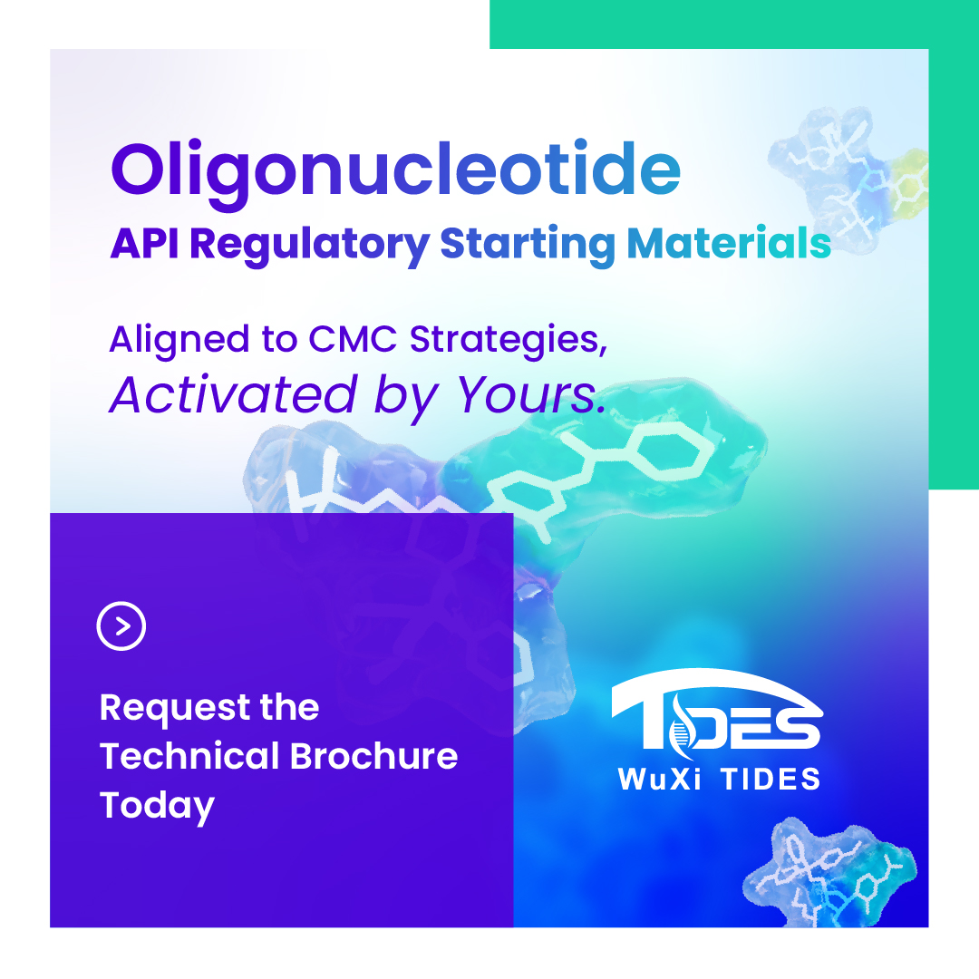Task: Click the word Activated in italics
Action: pyautogui.click(x=233, y=394)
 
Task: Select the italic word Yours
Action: pyautogui.click(x=530, y=394)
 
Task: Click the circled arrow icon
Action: pyautogui.click(x=121, y=626)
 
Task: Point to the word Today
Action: pyautogui.click(x=157, y=805)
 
